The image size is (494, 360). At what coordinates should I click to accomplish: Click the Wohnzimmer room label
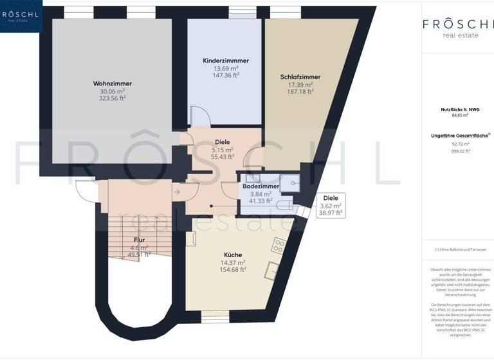point(113,84)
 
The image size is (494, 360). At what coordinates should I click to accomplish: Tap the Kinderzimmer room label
point(226,60)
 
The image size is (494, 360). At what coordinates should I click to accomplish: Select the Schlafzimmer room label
point(300,77)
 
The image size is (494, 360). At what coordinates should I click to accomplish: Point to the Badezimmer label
point(260,186)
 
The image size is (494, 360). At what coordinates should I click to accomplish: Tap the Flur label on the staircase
point(140,239)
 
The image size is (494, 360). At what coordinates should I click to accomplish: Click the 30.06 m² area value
point(113,91)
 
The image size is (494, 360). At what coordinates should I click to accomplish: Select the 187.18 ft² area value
point(300,92)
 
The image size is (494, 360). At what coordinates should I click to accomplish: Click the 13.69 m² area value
point(226,67)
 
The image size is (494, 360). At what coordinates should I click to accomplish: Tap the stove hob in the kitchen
point(279,245)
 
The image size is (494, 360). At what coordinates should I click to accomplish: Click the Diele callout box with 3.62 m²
point(330,205)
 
